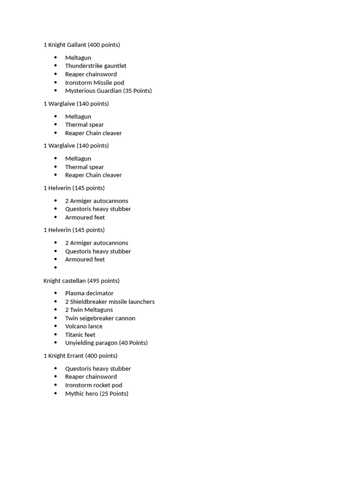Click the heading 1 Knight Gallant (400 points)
[x=82, y=45]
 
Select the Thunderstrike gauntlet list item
[x=96, y=66]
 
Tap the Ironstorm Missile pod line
[x=94, y=82]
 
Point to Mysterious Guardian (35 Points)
[x=108, y=91]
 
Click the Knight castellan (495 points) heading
[x=81, y=281]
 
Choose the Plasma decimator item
[x=89, y=293]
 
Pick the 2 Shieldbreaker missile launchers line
[x=110, y=302]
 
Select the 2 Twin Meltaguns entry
[x=89, y=310]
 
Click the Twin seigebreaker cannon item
[x=100, y=318]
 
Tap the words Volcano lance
[x=83, y=326]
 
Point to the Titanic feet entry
[x=80, y=335]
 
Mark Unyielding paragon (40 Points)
[x=106, y=343]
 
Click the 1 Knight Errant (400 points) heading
[x=80, y=356]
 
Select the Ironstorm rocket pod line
[x=93, y=385]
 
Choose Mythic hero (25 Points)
[x=97, y=394]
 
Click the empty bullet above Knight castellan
[x=56, y=268]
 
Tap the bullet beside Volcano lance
[x=56, y=326]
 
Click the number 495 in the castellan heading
[x=95, y=281]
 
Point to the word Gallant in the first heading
[x=77, y=45]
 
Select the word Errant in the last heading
[x=75, y=356]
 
